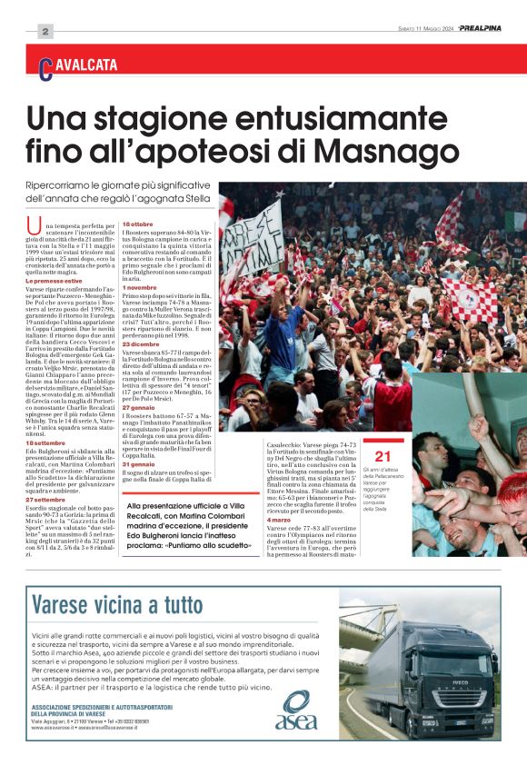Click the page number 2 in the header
tap(44, 32)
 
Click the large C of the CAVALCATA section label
tap(45, 66)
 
